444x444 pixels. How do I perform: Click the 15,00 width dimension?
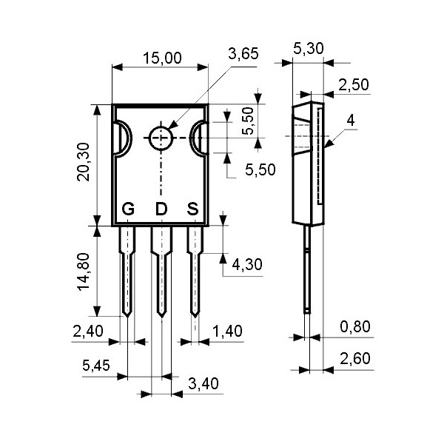161,58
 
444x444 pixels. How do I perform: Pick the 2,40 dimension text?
88,331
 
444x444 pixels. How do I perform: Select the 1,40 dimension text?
227,331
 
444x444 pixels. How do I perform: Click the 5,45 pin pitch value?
96,365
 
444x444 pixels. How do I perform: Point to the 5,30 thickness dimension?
308,50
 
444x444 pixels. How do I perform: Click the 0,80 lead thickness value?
355,326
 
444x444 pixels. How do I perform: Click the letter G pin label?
128,209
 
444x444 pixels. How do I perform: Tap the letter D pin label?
161,209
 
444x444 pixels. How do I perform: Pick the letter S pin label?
192,209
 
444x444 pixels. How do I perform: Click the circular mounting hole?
161,138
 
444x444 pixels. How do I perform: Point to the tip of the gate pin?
128,314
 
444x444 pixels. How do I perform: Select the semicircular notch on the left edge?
122,138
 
